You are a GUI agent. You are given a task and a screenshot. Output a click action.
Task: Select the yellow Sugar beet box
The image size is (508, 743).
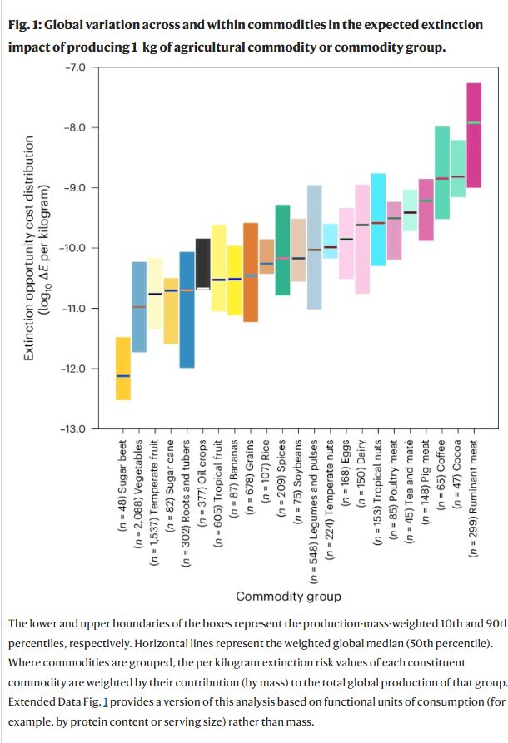coord(122,391)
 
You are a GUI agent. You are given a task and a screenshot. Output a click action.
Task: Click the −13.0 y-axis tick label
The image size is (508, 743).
coord(76,428)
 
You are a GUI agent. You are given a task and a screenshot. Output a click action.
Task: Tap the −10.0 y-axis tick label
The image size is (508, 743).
coord(76,248)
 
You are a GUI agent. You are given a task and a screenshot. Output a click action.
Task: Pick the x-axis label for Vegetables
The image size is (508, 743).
coord(139,500)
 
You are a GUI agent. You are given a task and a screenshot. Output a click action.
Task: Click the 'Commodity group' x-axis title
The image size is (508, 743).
coord(288,596)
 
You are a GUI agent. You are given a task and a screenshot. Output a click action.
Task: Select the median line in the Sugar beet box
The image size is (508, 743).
coord(122,376)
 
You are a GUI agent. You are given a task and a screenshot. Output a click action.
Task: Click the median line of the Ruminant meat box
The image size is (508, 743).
coord(473,122)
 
